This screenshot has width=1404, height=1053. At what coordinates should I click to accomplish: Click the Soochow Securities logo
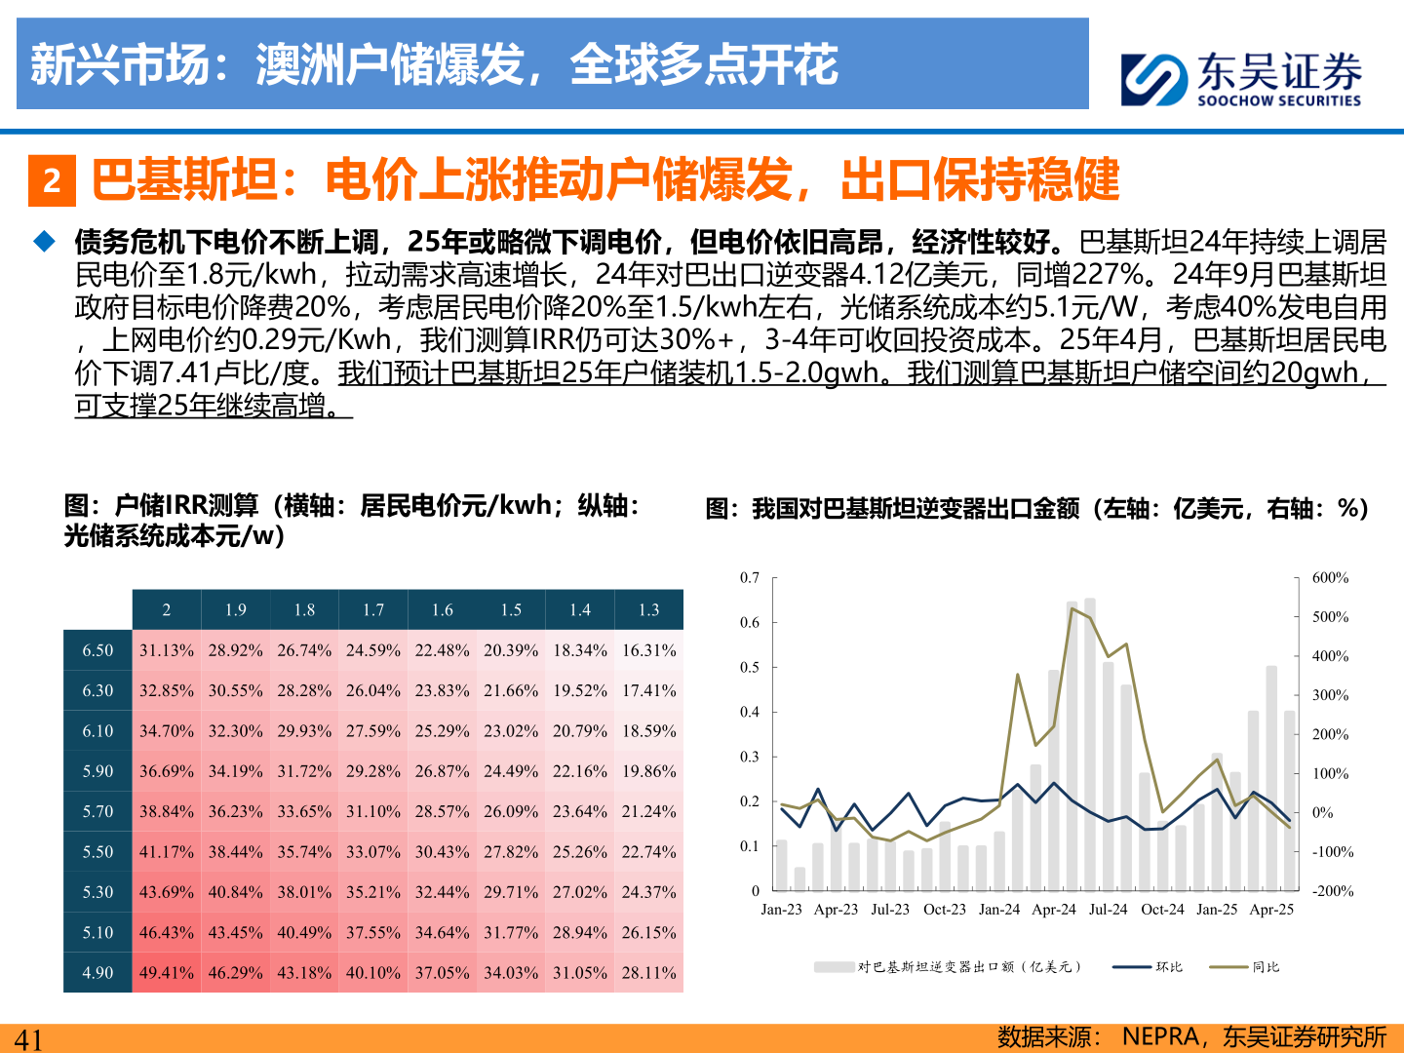pos(1240,78)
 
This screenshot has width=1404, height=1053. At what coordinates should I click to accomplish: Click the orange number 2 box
pos(52,180)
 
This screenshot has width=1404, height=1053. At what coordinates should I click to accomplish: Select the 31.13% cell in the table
pos(167,650)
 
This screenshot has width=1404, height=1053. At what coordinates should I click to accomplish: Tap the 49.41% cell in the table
pos(167,973)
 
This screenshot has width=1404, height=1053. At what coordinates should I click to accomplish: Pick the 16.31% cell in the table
pos(648,650)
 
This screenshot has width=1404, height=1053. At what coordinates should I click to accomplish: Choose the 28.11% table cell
pos(648,973)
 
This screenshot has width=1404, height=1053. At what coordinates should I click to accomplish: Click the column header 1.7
pos(373,610)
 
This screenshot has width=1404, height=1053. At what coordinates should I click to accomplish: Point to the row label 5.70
pos(97,811)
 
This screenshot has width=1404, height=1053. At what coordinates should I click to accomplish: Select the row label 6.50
pos(97,650)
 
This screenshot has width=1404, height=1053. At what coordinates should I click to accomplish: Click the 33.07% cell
pos(373,852)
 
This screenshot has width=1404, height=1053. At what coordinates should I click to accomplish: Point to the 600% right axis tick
pos(1330,578)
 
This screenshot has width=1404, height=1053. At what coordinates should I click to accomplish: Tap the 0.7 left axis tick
pos(749,578)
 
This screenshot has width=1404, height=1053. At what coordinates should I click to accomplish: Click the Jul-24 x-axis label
pos(1108,910)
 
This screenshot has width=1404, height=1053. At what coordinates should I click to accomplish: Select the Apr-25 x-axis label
pos(1271,910)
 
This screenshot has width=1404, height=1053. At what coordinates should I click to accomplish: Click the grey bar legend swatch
pos(835,967)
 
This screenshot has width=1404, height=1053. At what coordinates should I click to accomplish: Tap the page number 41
pos(28,1039)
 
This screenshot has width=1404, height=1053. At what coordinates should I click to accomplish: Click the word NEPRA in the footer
pos(1162,1036)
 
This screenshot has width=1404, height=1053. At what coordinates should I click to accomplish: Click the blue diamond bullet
pos(45,241)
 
